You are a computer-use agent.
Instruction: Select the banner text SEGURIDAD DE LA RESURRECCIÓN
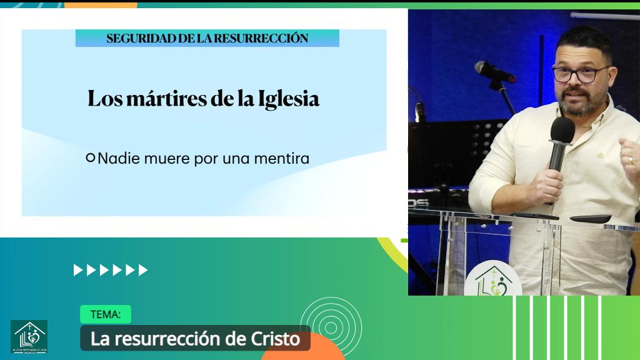tap(207, 38)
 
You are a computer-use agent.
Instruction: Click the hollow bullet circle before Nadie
tap(91, 158)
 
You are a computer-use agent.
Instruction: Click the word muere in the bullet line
tap(166, 159)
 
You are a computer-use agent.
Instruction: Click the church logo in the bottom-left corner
tap(29, 337)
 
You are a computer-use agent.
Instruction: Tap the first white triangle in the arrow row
tap(78, 270)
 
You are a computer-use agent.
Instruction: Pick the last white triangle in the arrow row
tap(143, 270)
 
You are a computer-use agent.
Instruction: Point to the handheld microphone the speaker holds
tap(560, 143)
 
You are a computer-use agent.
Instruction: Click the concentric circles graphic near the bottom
tap(331, 326)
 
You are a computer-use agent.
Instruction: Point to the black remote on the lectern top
tap(590, 218)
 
